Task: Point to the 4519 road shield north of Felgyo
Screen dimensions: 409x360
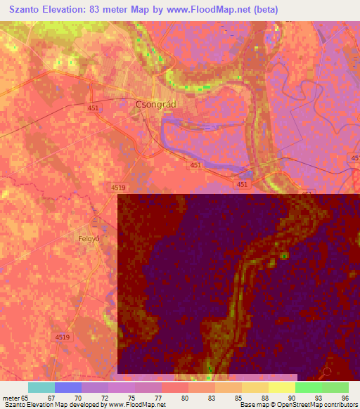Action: click(x=118, y=188)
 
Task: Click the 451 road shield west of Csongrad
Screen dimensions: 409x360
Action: click(x=93, y=108)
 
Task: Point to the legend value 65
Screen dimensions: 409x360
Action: click(x=27, y=398)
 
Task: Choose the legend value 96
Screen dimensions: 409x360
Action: click(x=345, y=398)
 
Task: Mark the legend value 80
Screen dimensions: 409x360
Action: click(x=184, y=398)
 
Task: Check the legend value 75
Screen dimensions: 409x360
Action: click(x=131, y=398)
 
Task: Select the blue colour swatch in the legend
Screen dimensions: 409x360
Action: click(x=67, y=387)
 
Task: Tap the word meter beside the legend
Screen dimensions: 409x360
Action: click(x=11, y=398)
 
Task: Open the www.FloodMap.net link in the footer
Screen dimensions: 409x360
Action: click(x=136, y=405)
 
